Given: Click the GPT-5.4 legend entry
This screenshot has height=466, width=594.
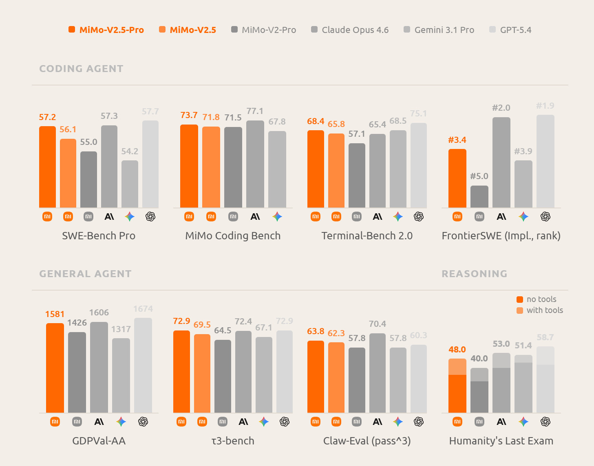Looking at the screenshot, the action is pos(510,30).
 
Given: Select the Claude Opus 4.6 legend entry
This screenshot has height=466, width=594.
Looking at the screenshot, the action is pos(350,30).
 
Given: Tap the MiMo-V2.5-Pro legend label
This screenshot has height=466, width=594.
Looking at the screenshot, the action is pos(112,30).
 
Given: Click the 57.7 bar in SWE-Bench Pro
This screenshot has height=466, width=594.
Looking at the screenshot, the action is pos(150,164).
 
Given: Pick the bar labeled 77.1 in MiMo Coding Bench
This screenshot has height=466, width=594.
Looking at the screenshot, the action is pos(255,164).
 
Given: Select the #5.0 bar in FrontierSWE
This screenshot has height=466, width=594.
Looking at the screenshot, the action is pos(479,197).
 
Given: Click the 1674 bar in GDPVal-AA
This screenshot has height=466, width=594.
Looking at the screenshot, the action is pos(143,365).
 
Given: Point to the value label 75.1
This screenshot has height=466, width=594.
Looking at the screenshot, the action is pos(419,114).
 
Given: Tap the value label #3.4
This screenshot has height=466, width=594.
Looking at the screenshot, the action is pos(457,140).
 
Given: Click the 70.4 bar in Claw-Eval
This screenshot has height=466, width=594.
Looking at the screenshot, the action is pos(378,373).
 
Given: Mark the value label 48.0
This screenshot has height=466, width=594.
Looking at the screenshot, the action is pos(457,350).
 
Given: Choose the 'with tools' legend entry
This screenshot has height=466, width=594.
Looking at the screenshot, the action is pos(540,310).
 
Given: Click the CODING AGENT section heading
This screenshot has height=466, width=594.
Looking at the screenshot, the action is pos(81,68).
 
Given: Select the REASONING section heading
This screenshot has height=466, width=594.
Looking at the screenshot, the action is pos(475,273).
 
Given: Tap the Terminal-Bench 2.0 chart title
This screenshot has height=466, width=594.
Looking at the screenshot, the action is pos(367,236).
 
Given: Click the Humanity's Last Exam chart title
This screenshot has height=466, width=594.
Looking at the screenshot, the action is pos(501,441).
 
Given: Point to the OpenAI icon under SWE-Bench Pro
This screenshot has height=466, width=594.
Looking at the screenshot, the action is pos(150,217).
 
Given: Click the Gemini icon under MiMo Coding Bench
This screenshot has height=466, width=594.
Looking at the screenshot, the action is pos(277,217).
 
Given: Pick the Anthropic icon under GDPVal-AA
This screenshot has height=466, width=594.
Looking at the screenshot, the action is pos(99,422).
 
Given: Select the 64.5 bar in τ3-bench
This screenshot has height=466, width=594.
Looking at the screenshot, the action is pos(223,376).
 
